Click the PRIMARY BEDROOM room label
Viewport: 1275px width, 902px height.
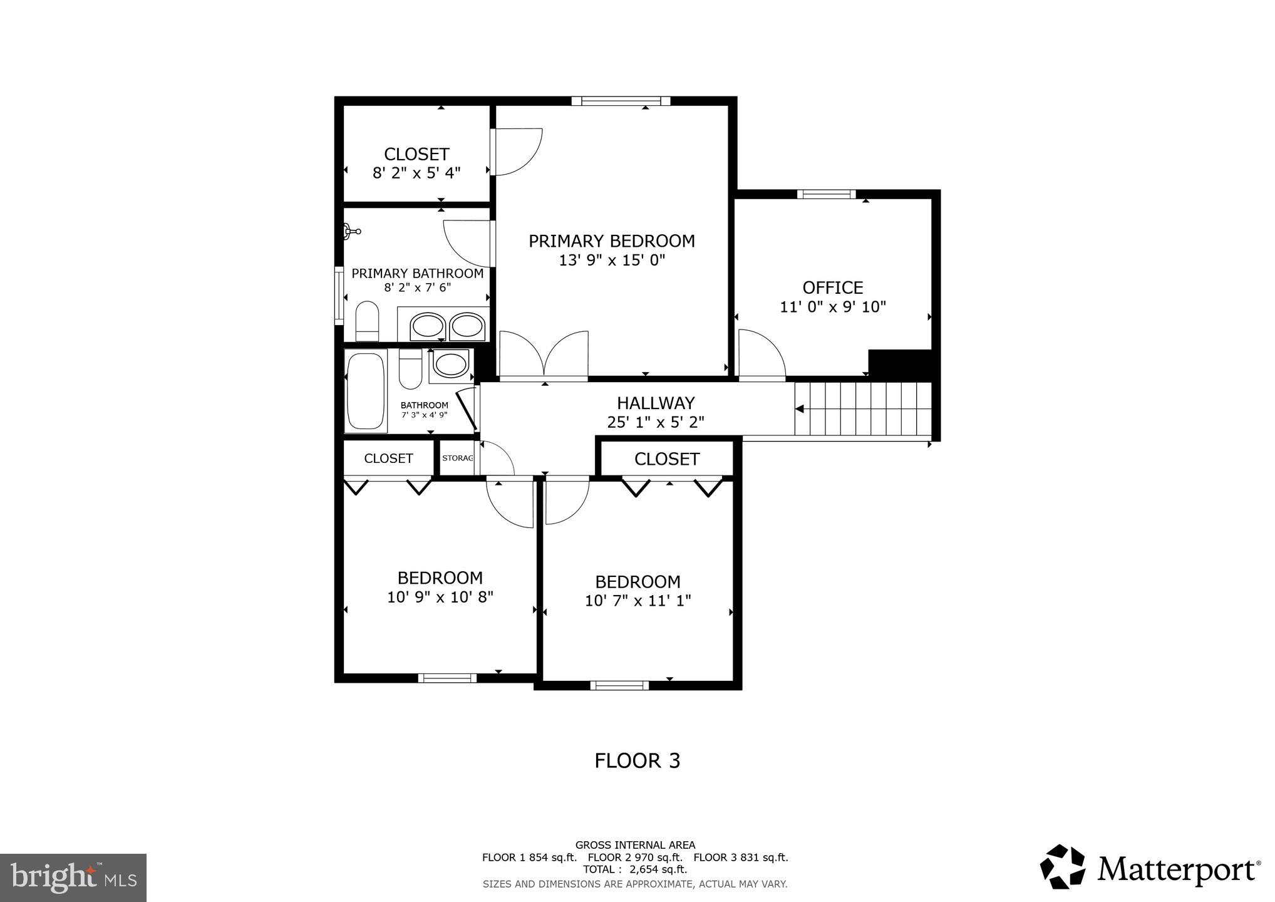[x=611, y=241]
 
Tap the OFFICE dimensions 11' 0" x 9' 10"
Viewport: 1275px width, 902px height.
[x=832, y=307]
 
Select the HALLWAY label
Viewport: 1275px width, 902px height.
[x=656, y=403]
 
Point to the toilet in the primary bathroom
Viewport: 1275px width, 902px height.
[x=367, y=321]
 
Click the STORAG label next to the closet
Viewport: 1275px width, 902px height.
[x=457, y=458]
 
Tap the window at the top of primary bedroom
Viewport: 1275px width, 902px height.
[x=621, y=101]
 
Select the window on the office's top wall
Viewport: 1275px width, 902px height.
[x=826, y=194]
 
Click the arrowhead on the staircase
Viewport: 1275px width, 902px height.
[x=800, y=409]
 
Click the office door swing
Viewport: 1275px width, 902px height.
[x=760, y=356]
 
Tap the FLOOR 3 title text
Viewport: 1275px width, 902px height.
[x=637, y=760]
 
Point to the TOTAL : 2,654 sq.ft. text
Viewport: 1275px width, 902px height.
[x=635, y=869]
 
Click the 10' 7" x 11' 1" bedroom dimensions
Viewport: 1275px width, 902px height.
[x=637, y=601]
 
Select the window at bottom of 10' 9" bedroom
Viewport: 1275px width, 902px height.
[x=447, y=678]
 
